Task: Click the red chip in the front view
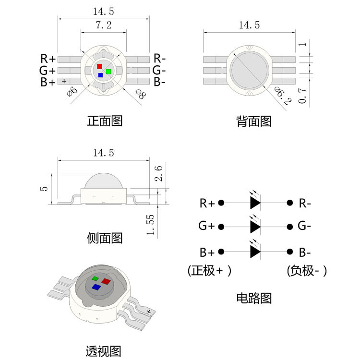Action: pos(99,66)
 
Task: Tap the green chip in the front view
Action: pos(108,72)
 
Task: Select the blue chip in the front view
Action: pos(100,75)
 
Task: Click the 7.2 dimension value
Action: pos(104,25)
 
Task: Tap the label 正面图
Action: pos(105,120)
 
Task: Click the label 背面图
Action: pos(254,121)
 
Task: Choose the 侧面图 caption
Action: pos(105,238)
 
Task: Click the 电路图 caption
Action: pos(254,298)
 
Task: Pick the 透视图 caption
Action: pos(104,351)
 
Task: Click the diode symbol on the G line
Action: pos(255,226)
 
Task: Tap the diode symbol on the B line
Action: pos(255,252)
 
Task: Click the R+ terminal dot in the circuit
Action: pos(221,203)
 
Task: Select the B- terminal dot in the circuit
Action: pos(290,252)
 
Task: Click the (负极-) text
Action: pos(307,271)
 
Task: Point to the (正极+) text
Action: pos(209,271)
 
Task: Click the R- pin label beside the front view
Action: pos(160,59)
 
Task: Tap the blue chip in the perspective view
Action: pos(96,287)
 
